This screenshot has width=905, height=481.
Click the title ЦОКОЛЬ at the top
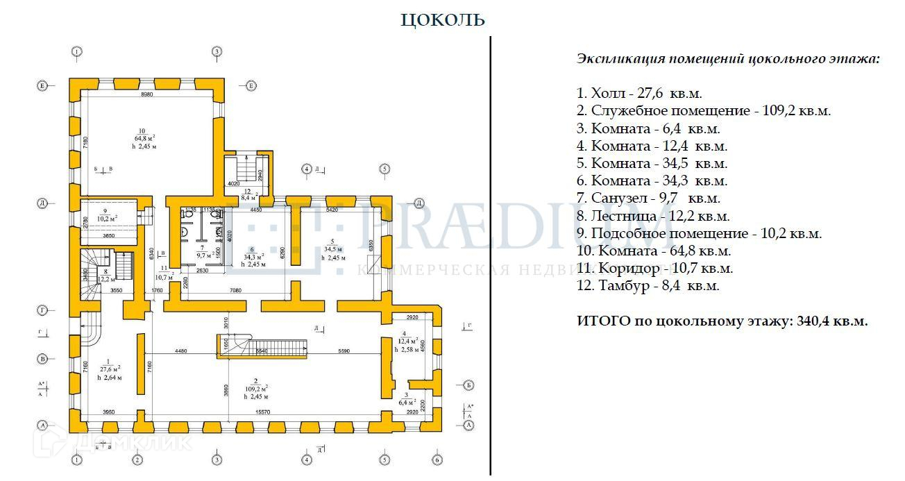click(443, 20)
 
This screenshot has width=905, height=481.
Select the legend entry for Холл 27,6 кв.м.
click(644, 93)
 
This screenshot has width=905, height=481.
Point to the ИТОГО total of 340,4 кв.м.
click(722, 321)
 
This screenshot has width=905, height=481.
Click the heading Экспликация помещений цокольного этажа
click(728, 59)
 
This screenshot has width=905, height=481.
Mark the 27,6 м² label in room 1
click(109, 369)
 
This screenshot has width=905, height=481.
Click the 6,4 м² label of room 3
click(407, 402)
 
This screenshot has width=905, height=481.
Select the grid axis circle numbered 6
click(437, 459)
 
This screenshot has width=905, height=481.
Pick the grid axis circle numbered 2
click(137, 459)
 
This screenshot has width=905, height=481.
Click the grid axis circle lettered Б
click(468, 385)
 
